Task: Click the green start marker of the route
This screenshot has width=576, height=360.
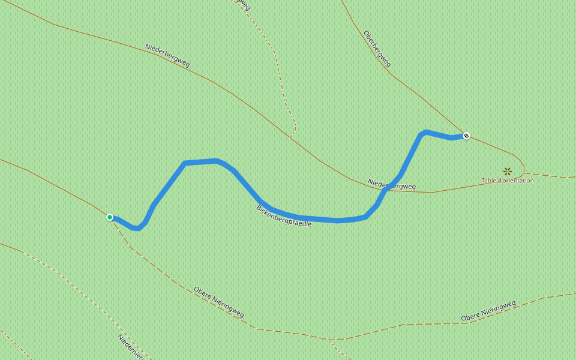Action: [x=110, y=217]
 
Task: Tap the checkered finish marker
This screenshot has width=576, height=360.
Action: [x=466, y=136]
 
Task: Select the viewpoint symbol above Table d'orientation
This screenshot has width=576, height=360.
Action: [x=508, y=172]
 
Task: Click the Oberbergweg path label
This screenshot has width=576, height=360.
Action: [x=377, y=49]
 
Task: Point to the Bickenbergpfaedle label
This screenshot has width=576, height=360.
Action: [x=284, y=215]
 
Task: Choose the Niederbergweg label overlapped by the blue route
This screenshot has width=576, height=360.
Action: [x=391, y=183]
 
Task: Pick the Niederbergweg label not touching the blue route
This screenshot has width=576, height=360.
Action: [x=167, y=56]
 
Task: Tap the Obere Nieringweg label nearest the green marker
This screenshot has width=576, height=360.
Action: [x=218, y=302]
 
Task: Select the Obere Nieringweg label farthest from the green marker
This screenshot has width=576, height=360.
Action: [x=488, y=310]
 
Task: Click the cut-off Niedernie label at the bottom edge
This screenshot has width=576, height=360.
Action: [x=131, y=347]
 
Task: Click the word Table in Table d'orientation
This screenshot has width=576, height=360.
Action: [x=490, y=181]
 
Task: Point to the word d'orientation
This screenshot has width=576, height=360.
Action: [x=517, y=181]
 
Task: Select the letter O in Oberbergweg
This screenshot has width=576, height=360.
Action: [x=365, y=33]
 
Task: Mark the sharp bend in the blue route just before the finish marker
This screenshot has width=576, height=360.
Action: [x=424, y=131]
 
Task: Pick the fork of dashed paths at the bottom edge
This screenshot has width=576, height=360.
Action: [x=329, y=340]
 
